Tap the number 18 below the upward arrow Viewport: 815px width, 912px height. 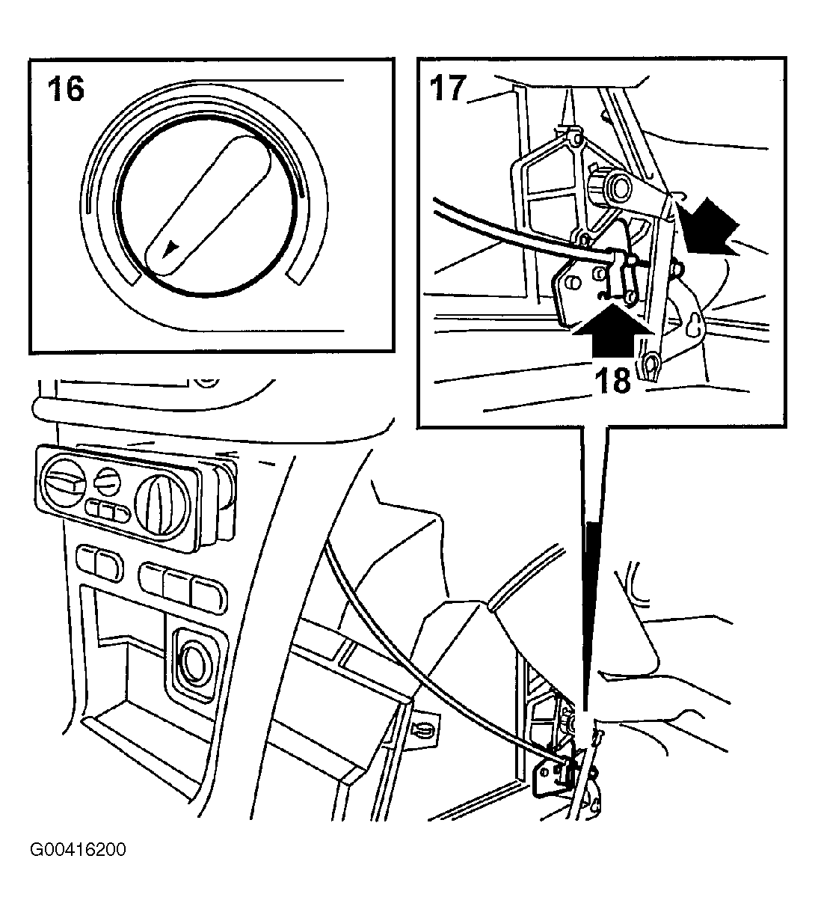[613, 380]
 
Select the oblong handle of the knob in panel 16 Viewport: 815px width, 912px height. [208, 205]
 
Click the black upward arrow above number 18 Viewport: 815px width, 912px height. [612, 331]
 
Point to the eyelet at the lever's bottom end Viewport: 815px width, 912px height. [649, 364]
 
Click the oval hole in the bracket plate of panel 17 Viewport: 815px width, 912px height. [573, 284]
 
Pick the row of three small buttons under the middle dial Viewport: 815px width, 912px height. [108, 511]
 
